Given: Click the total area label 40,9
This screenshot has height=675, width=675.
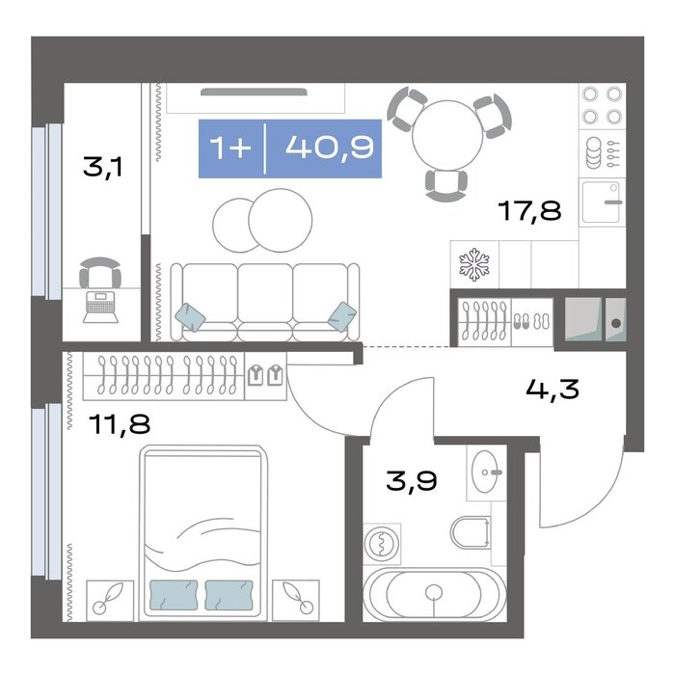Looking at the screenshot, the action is pyautogui.click(x=330, y=148).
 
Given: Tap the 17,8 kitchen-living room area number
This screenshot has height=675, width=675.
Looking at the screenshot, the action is pyautogui.click(x=529, y=211).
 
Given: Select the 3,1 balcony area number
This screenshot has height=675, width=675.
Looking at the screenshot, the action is pyautogui.click(x=103, y=167).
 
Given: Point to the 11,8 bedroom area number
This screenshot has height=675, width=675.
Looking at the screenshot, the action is pyautogui.click(x=120, y=423).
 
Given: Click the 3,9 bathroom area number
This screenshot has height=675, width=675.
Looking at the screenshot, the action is pyautogui.click(x=412, y=481).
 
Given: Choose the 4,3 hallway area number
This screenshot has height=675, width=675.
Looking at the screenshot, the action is pyautogui.click(x=553, y=390).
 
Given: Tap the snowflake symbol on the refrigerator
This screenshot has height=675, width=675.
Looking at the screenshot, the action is pyautogui.click(x=474, y=264).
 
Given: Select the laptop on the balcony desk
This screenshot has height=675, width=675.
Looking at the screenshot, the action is pyautogui.click(x=100, y=307).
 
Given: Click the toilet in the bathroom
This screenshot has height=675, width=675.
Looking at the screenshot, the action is pyautogui.click(x=471, y=532).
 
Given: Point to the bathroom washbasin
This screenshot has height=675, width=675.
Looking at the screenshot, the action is pyautogui.click(x=486, y=472).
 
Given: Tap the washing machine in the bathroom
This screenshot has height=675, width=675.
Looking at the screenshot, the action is pyautogui.click(x=382, y=544).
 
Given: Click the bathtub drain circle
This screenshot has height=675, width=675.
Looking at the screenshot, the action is pyautogui.click(x=434, y=593).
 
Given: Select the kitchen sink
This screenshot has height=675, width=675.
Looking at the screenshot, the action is pyautogui.click(x=602, y=202).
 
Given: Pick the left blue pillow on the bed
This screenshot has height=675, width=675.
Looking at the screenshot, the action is pyautogui.click(x=174, y=595).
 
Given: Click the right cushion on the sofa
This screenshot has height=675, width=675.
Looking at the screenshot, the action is pyautogui.click(x=342, y=316).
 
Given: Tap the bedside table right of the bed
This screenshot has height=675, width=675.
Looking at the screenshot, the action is pyautogui.click(x=296, y=600).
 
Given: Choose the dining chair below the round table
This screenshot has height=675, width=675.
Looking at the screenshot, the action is pyautogui.click(x=445, y=184).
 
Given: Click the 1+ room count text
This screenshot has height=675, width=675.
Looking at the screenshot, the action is pyautogui.click(x=230, y=148).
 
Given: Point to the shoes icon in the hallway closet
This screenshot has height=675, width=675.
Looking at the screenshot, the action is pyautogui.click(x=531, y=321).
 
